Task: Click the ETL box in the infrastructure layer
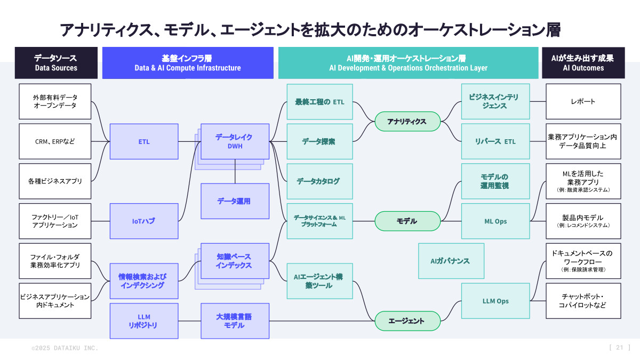tap(144, 141)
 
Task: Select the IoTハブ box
tap(144, 221)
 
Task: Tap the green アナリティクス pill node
tap(407, 122)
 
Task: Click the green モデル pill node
tap(407, 221)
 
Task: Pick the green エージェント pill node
tap(407, 321)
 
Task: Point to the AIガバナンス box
tap(451, 261)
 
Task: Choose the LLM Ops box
tap(495, 301)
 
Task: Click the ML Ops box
tap(495, 221)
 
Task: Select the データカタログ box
tap(319, 181)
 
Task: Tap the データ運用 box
tap(235, 201)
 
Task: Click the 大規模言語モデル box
tap(235, 321)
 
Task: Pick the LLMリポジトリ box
tap(144, 321)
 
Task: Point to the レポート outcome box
tap(583, 101)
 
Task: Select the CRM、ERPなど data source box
tap(55, 141)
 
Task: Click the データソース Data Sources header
tap(56, 63)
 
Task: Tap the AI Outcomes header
tap(583, 63)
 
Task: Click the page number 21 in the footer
tap(619, 348)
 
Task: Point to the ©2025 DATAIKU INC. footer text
tap(65, 348)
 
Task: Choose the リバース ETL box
tap(495, 141)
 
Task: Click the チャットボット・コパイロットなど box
tap(583, 301)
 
